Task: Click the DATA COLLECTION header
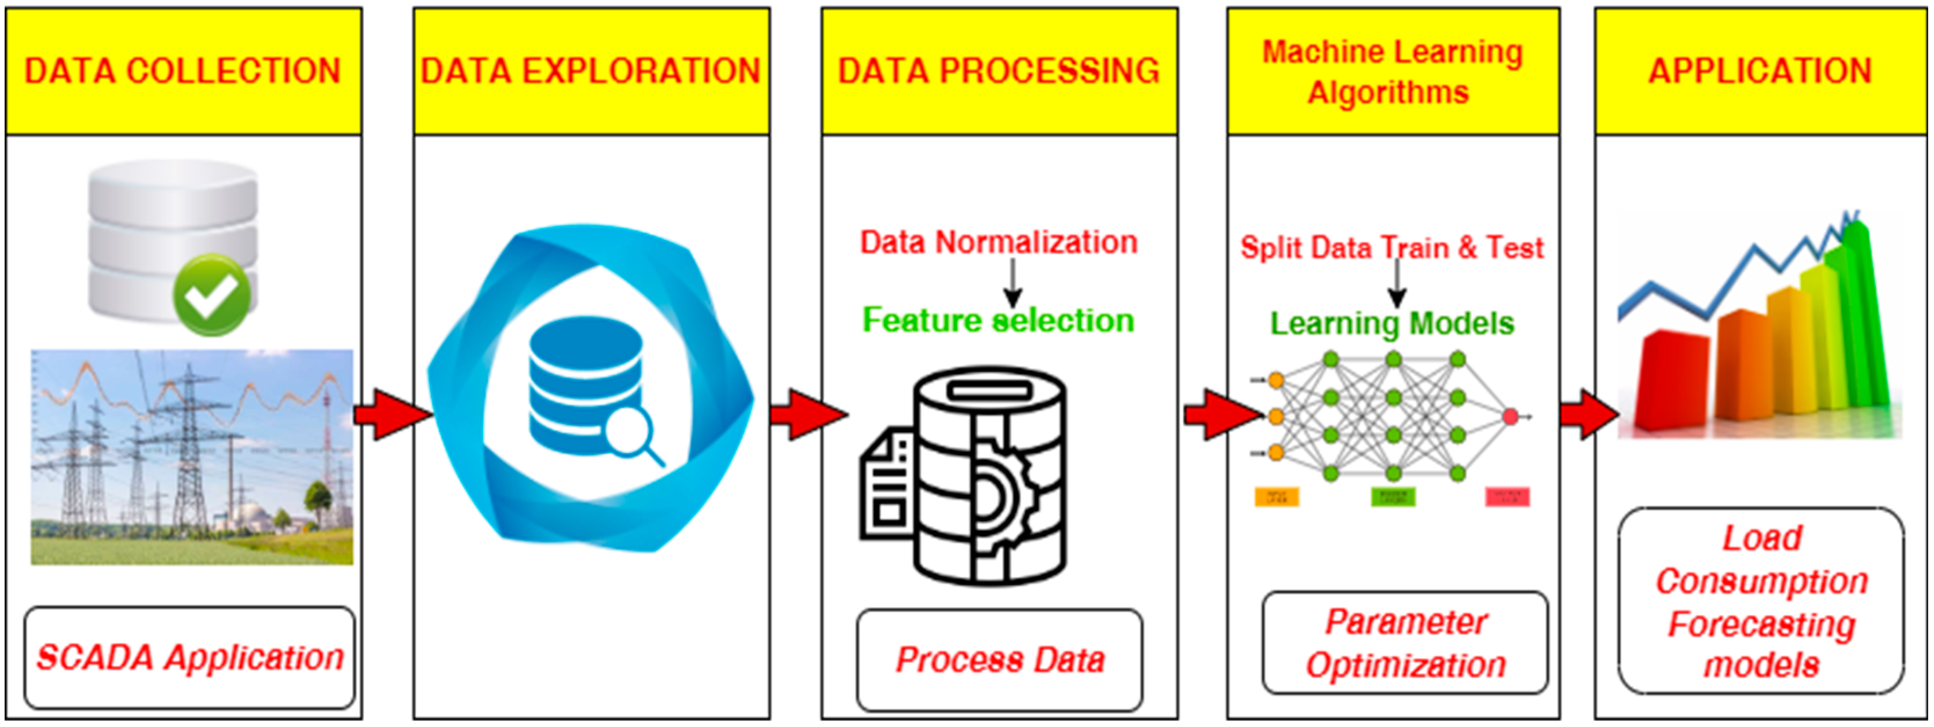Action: [183, 71]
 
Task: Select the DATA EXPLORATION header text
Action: [591, 71]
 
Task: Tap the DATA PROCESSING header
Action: [999, 71]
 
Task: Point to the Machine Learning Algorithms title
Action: [1392, 72]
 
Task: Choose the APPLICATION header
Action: [1760, 71]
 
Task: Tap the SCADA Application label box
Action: [189, 658]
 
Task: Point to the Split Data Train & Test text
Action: [1392, 248]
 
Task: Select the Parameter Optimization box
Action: [1405, 644]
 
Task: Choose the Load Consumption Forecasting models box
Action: [1761, 601]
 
